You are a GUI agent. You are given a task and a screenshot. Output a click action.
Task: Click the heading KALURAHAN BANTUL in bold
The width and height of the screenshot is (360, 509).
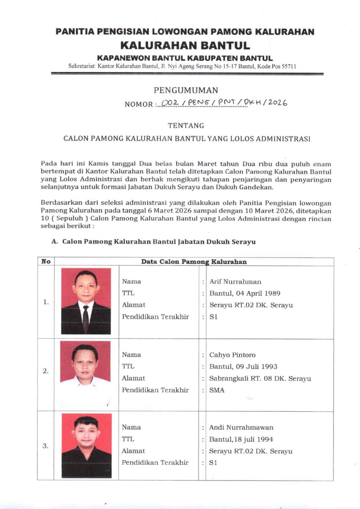(185, 45)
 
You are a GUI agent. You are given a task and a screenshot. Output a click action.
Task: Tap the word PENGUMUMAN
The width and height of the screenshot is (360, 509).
(186, 90)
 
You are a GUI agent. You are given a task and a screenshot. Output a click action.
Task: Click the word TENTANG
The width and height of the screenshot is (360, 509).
(186, 126)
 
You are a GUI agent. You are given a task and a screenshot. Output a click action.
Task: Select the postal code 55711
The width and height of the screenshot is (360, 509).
(289, 66)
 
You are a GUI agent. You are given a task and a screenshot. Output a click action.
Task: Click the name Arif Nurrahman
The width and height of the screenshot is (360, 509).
(235, 282)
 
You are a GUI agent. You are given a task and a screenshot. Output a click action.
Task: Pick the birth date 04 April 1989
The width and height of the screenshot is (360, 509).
(258, 293)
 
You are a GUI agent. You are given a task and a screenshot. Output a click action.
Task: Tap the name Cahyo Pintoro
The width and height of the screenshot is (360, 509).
(232, 355)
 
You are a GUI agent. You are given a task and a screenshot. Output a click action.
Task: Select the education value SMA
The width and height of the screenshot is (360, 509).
(217, 390)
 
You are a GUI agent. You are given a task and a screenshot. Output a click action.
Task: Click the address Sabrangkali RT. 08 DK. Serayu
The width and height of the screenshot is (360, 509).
(260, 378)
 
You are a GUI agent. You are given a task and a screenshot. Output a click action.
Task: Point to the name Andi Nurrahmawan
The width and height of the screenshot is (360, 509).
(241, 427)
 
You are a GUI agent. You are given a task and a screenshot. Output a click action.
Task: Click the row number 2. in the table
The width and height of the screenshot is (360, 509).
(45, 371)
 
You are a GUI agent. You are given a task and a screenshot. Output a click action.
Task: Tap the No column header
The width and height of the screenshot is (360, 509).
(46, 262)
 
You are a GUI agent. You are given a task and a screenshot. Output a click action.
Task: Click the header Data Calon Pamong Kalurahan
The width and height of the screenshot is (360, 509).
(194, 262)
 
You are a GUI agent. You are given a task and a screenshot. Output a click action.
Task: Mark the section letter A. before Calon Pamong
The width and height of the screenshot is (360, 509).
(55, 241)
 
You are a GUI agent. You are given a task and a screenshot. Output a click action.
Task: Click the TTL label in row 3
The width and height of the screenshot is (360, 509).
(128, 439)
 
